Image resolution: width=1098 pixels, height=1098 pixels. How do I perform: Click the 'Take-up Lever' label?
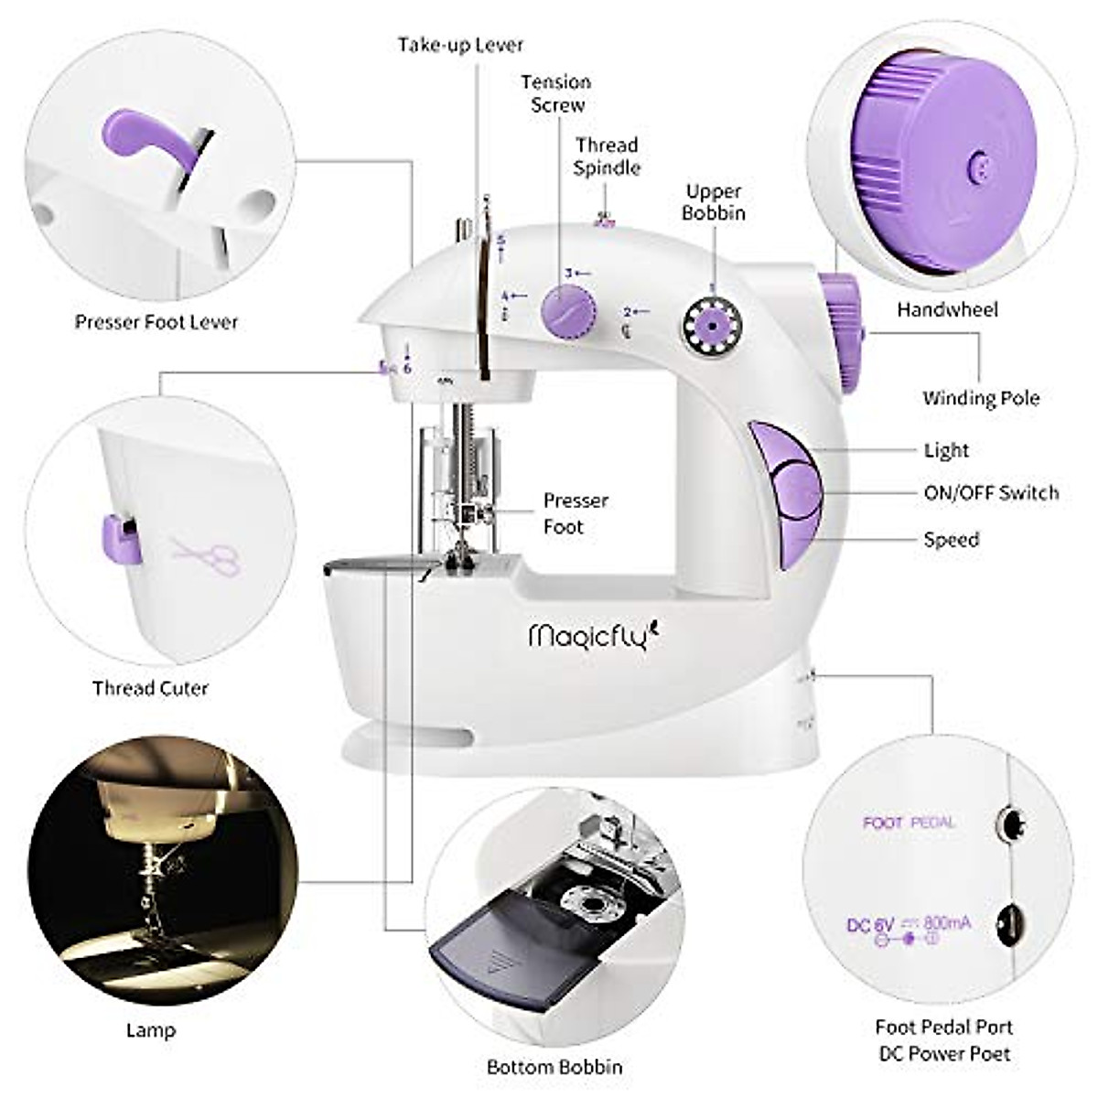click(x=460, y=45)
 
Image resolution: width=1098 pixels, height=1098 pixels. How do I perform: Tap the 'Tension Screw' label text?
click(x=556, y=93)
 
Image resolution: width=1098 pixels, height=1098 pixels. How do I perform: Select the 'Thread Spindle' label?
click(x=607, y=156)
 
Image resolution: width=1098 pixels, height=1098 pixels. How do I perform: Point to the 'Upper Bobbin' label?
click(x=715, y=202)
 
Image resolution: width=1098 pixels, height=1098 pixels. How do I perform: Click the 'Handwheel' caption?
click(x=947, y=309)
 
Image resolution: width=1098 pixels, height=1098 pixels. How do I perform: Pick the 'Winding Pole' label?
click(x=981, y=398)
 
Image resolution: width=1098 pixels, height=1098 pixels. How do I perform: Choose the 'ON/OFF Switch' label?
click(x=991, y=493)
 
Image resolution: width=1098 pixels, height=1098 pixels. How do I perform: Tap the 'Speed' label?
click(x=952, y=540)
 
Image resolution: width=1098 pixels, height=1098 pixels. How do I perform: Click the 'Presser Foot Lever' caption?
click(x=156, y=322)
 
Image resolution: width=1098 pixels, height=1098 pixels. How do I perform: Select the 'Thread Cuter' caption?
click(x=150, y=688)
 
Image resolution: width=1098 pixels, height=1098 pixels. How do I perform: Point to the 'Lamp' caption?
click(x=151, y=1030)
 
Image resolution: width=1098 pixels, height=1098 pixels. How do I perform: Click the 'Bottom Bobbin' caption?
click(x=554, y=1067)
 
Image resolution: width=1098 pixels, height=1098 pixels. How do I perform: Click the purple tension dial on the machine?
click(x=568, y=312)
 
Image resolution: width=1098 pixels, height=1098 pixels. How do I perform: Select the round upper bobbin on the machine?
click(x=711, y=325)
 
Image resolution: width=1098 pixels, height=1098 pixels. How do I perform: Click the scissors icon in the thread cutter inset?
click(x=207, y=557)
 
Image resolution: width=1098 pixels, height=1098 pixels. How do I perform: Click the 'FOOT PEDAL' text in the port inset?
click(x=908, y=823)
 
